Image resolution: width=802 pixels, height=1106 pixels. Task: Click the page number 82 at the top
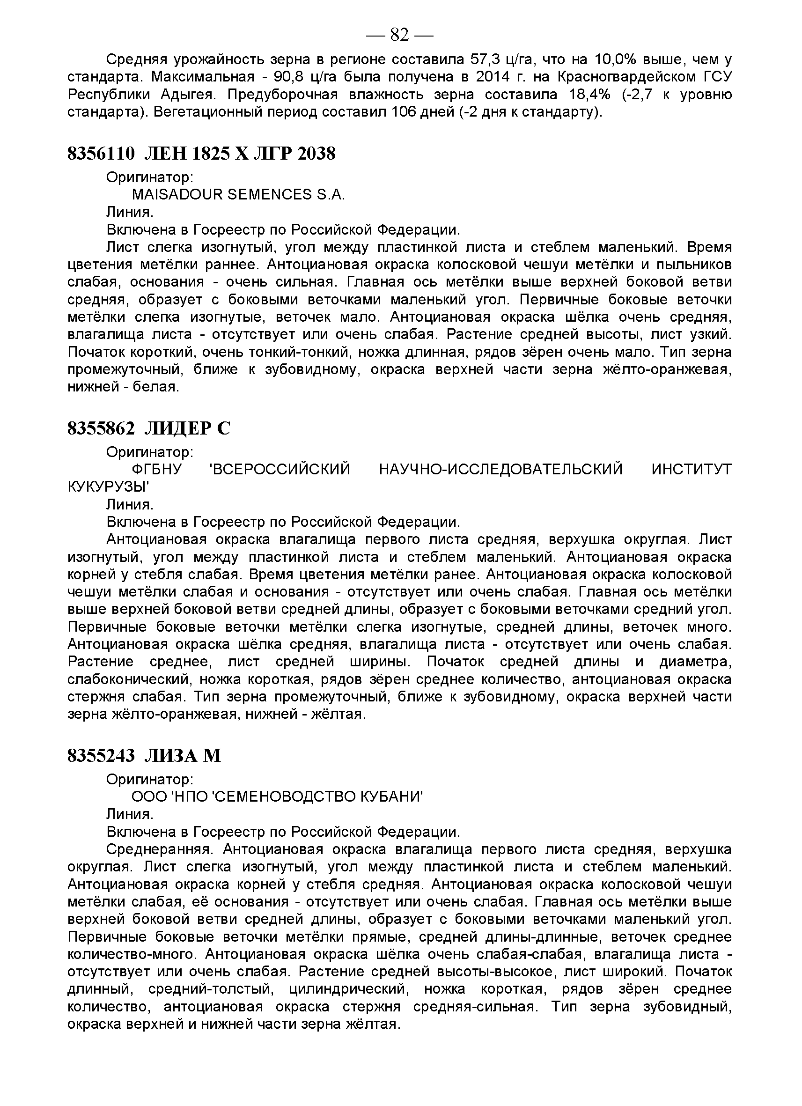399,35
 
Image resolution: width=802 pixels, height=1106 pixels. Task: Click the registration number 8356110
101,154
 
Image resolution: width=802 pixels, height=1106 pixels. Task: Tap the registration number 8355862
101,428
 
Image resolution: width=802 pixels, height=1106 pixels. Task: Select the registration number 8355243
101,756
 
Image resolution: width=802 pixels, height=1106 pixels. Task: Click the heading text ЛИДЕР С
187,428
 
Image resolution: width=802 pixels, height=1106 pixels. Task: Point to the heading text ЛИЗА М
183,756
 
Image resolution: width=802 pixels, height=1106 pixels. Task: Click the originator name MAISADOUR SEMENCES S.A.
238,195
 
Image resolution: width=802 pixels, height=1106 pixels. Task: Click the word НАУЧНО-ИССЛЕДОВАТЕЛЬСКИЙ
500,469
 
